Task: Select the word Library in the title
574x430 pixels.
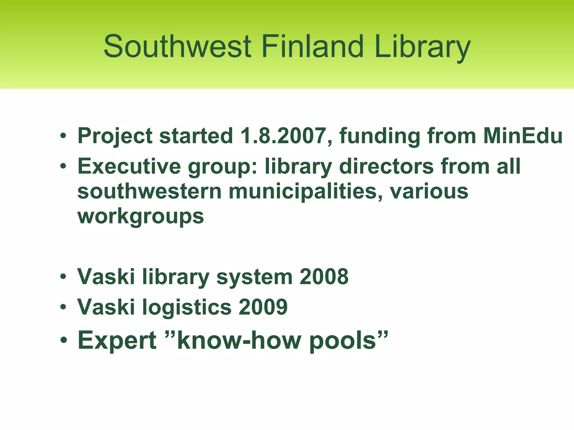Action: point(422,47)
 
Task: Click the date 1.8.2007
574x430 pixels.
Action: point(283,136)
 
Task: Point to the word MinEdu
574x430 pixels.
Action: point(523,136)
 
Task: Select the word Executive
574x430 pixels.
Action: point(129,166)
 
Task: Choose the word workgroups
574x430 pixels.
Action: point(140,217)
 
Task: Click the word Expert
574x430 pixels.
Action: point(117,341)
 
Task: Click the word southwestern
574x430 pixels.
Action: point(149,192)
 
